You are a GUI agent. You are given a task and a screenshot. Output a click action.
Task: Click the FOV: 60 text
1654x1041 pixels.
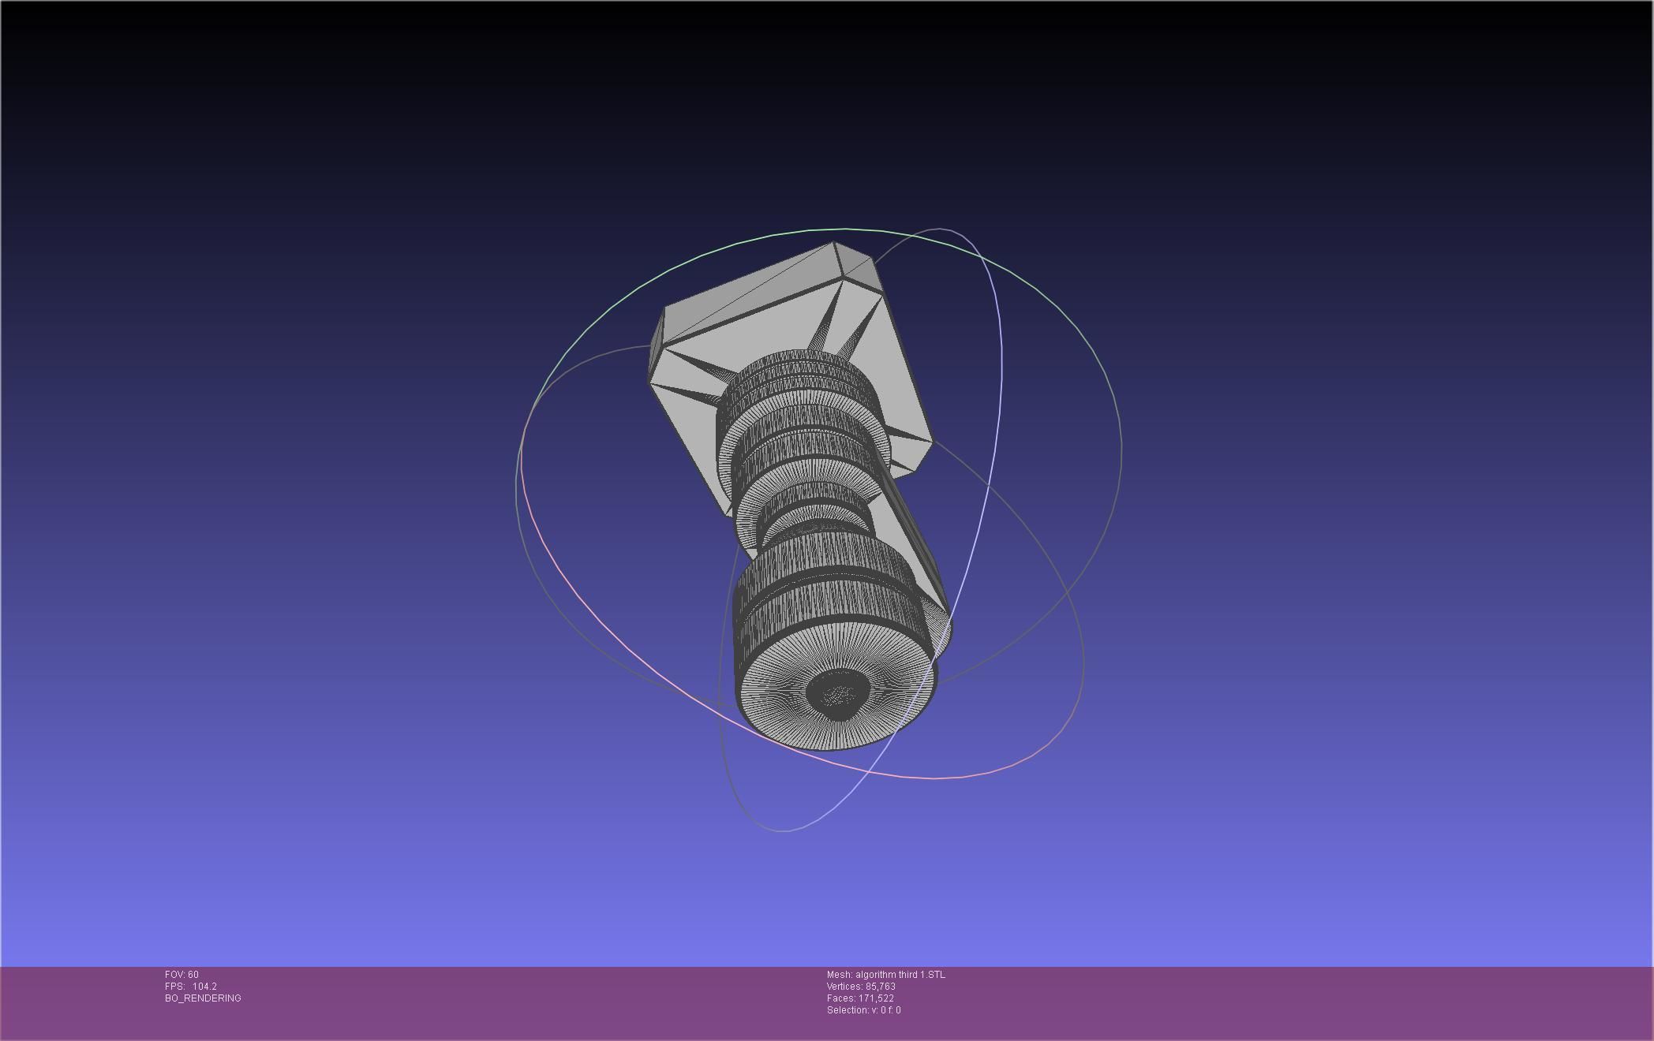pyautogui.click(x=181, y=975)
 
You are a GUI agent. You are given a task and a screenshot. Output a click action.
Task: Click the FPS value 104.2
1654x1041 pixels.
pyautogui.click(x=204, y=987)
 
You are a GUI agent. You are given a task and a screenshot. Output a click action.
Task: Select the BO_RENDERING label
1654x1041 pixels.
pyautogui.click(x=203, y=998)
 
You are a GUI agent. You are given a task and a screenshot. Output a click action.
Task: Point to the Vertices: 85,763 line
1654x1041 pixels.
pyautogui.click(x=861, y=987)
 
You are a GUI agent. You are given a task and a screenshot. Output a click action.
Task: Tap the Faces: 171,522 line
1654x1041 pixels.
pyautogui.click(x=860, y=998)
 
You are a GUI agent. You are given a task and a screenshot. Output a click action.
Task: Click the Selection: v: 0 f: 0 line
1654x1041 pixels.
pyautogui.click(x=863, y=1010)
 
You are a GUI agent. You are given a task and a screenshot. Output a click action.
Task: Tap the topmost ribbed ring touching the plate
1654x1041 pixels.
pyautogui.click(x=797, y=371)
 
